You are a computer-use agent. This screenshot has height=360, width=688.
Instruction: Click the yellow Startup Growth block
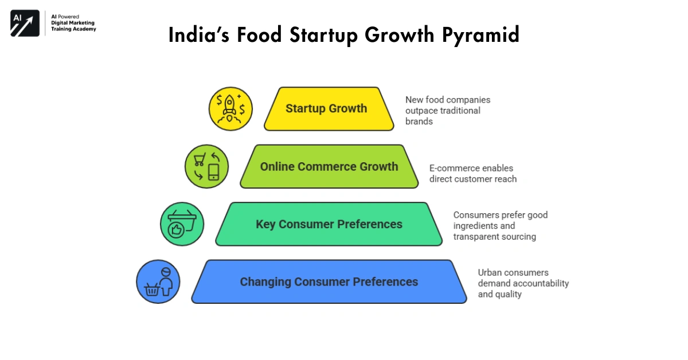[329, 109]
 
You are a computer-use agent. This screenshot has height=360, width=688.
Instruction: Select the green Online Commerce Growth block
[329, 167]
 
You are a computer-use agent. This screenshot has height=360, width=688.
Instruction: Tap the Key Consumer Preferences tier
[329, 224]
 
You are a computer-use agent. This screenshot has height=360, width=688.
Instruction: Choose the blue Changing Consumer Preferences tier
[329, 282]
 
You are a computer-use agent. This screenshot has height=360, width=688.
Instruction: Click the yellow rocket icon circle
[230, 109]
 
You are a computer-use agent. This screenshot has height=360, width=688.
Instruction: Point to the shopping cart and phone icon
[206, 167]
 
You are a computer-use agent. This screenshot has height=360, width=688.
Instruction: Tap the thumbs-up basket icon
[182, 224]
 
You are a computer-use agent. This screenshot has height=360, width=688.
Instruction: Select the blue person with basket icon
[158, 282]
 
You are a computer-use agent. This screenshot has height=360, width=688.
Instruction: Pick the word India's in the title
[197, 35]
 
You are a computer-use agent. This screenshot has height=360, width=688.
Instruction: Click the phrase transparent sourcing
[494, 237]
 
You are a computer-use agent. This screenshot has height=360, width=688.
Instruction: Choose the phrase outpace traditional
[443, 111]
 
